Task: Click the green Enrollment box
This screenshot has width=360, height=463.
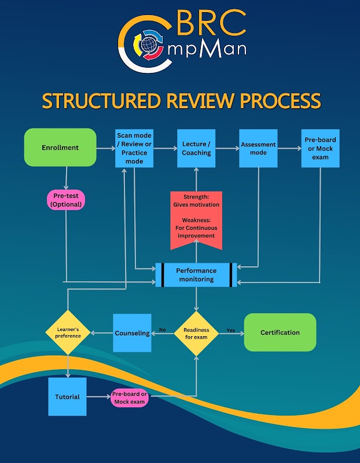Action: point(60,148)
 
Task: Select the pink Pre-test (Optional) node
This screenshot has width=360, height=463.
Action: point(65,200)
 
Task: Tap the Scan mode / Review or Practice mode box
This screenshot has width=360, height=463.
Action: point(134,149)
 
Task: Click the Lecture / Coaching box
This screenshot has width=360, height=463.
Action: point(196,149)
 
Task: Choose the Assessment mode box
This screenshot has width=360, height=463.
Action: point(258,149)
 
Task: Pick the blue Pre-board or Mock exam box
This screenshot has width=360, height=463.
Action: point(320,149)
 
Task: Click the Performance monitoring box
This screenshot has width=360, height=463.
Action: point(196,275)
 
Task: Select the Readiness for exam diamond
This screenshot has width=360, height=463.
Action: point(196,333)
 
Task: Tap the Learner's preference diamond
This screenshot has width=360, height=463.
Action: point(68,332)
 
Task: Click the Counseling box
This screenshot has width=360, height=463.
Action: point(132,333)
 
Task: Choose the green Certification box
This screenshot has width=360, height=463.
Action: point(280,332)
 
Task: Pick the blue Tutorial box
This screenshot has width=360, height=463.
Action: point(67,397)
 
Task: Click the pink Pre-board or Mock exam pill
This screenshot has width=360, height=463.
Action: point(130,398)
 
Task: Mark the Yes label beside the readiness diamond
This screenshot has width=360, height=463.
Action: point(231,330)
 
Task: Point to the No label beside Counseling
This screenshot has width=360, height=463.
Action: point(162,330)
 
